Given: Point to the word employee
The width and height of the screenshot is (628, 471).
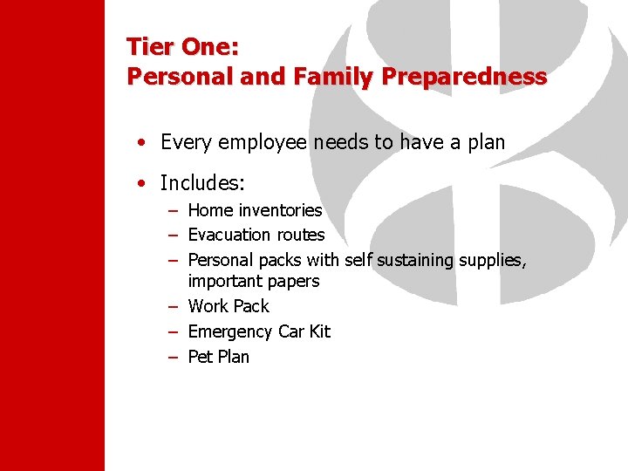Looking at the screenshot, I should click(x=260, y=142).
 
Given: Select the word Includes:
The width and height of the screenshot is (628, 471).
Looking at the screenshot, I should click(x=203, y=183).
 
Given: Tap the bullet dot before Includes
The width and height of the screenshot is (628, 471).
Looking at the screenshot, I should click(x=140, y=184).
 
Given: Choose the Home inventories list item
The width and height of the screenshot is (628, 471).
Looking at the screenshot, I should click(x=255, y=210).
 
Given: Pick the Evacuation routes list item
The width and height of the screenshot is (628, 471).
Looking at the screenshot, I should click(x=256, y=235).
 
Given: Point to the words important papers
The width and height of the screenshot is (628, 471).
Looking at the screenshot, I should click(x=253, y=281).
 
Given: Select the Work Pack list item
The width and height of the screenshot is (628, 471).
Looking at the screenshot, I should click(x=229, y=306).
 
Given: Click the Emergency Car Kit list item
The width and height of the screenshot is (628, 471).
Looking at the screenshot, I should click(x=259, y=331).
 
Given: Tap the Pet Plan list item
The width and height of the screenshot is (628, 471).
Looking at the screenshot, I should click(x=218, y=357).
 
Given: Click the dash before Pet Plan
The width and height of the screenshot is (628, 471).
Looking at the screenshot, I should click(x=174, y=357).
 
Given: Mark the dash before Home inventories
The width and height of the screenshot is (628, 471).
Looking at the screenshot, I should click(x=174, y=210).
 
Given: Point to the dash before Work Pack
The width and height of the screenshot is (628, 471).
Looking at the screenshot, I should click(x=174, y=306).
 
